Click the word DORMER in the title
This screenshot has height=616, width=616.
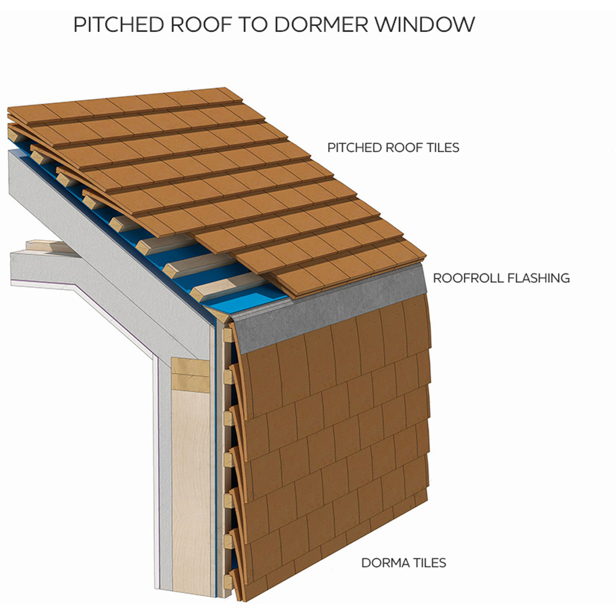click(x=321, y=25)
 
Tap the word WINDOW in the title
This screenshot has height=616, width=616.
click(x=424, y=25)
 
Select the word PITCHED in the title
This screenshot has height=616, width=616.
click(x=118, y=25)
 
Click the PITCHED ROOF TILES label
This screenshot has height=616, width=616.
click(x=393, y=148)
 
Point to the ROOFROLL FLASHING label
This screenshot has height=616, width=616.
click(x=501, y=278)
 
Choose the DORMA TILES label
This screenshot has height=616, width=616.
click(x=403, y=563)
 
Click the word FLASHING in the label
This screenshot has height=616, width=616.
click(x=538, y=278)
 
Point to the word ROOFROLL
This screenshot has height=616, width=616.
click(x=468, y=278)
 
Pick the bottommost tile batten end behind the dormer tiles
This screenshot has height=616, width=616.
click(x=228, y=582)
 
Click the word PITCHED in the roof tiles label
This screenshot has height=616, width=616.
click(x=354, y=148)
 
